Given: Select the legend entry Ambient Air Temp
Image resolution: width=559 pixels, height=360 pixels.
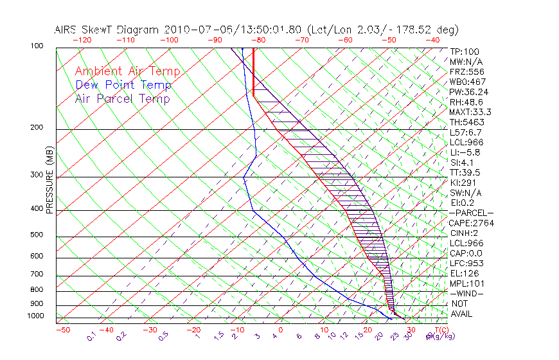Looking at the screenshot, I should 127,71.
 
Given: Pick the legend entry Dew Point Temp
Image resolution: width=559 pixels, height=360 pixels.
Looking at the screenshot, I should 123,85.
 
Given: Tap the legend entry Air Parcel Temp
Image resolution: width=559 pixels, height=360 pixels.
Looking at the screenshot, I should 123,98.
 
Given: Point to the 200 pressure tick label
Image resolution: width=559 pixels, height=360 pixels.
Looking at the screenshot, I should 37,128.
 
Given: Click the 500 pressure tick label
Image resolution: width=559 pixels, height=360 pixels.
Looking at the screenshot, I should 37,235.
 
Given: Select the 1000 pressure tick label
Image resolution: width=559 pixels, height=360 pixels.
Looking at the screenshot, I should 35,316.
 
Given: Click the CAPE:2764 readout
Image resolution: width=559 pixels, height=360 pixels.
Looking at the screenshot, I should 471,223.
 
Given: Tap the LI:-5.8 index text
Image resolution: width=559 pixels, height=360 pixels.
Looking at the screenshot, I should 465,152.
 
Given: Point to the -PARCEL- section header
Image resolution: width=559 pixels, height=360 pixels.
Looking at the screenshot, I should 472,213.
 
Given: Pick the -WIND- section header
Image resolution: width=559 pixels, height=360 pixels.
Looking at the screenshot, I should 466,294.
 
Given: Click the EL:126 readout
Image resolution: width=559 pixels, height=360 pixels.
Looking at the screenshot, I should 464,273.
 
